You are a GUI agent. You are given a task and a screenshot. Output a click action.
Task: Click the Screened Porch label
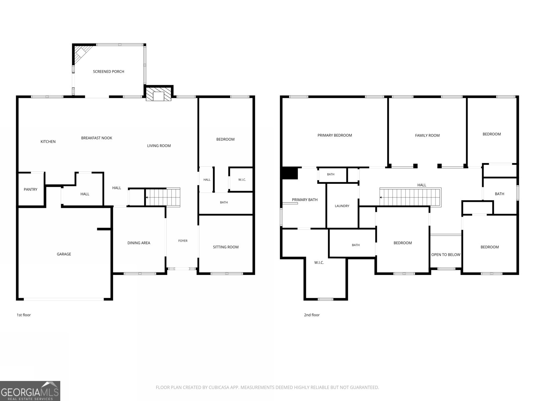pos(108,72)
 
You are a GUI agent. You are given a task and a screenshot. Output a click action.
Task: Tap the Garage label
pos(64,254)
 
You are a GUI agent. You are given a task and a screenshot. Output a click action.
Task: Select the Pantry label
pos(30,189)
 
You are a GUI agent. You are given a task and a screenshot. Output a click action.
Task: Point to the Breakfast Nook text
pos(97,138)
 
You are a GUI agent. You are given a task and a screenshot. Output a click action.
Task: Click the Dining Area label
pos(139,243)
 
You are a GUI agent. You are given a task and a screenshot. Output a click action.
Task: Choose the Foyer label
pos(183,241)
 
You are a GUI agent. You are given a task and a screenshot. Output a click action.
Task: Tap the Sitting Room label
pos(226,247)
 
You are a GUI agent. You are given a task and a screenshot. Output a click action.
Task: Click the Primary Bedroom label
pos(335,135)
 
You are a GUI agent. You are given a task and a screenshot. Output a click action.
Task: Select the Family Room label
pos(427,136)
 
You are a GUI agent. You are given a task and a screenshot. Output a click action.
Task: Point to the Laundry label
pos(342,206)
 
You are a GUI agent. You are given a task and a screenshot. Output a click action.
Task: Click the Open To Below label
pos(446,255)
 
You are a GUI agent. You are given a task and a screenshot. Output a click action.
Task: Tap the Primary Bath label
pos(305,200)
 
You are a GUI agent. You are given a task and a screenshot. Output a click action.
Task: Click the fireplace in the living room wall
pos(158,93)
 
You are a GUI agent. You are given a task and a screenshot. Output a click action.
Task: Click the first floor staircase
pos(163,197)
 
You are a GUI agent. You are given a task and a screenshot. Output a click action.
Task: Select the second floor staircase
pos(411,197)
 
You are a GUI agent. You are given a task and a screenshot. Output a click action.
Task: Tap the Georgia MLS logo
pos(30,391)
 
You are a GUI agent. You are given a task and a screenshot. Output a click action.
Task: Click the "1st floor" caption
pos(24,315)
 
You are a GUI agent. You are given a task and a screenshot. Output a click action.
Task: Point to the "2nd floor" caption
pos(312,315)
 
